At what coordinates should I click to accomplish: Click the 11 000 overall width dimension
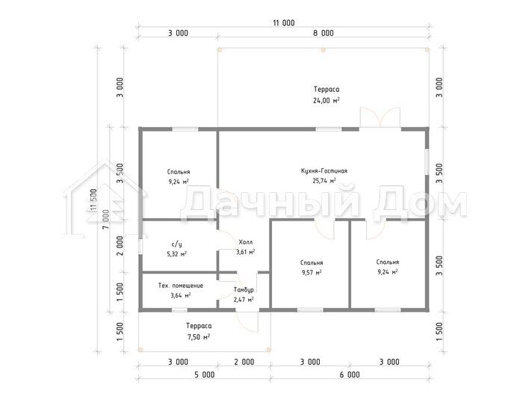pos(284,23)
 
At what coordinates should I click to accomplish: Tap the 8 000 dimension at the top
pos(324,33)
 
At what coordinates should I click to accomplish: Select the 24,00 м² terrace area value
pos(327,100)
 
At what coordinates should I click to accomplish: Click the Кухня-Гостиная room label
pos(324,170)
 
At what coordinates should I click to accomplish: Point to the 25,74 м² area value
pos(324,181)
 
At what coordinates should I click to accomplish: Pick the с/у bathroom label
pos(177,244)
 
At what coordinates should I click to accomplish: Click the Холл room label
pos(245,242)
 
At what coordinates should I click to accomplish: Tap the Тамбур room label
pos(244,289)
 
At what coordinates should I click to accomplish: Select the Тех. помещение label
pos(181,286)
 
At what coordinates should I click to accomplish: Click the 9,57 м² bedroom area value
pos(312,272)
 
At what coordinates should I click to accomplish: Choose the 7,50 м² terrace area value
pos(199,337)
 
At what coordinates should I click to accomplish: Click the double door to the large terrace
pos(380,117)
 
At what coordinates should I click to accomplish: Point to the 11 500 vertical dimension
pos(93,200)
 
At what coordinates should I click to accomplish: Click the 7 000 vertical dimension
pos(106,219)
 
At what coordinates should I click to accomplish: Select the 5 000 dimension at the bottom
pos(205,375)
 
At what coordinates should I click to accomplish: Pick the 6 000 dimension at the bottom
pos(350,375)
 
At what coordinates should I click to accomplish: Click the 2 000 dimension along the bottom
pos(244,362)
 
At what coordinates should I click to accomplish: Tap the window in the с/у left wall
pos(140,245)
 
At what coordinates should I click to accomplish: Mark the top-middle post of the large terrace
pos(324,49)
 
